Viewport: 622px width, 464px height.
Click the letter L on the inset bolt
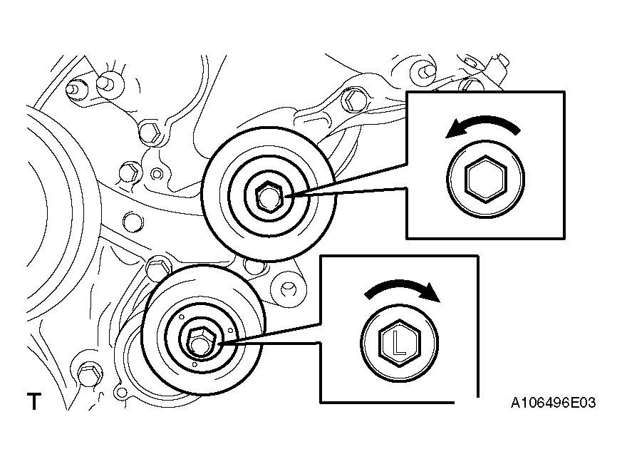(x=399, y=344)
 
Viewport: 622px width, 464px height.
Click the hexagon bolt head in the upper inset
(x=486, y=179)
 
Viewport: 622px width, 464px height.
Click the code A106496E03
(x=553, y=403)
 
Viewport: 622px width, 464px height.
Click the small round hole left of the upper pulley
(x=157, y=174)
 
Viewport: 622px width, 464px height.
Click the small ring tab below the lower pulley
(x=120, y=392)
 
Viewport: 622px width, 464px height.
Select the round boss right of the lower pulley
(x=289, y=289)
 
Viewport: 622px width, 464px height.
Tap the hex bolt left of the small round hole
(x=129, y=173)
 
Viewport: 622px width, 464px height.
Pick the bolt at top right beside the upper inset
(x=424, y=72)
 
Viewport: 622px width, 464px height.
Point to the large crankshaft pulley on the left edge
(x=60, y=210)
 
